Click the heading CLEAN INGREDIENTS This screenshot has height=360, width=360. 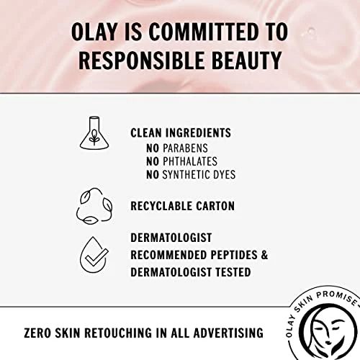181,133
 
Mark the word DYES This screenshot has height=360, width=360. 222,174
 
